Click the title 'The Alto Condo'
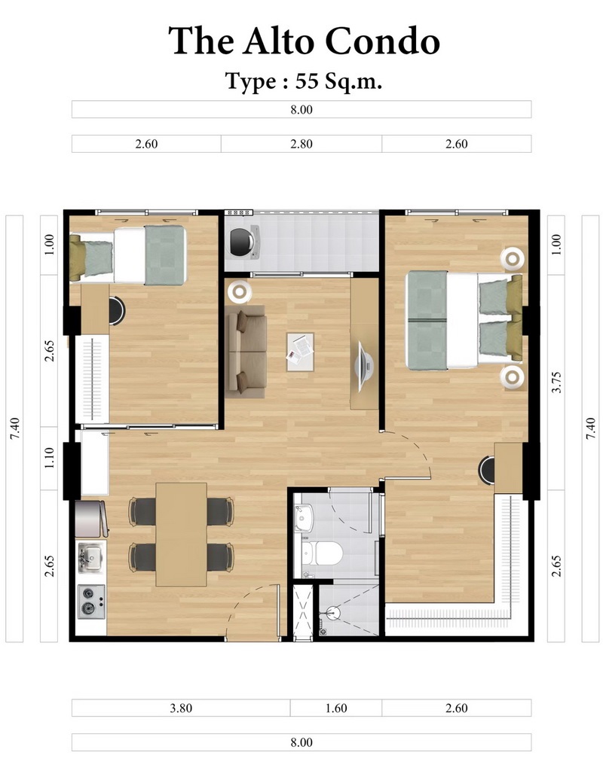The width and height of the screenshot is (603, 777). pyautogui.click(x=304, y=40)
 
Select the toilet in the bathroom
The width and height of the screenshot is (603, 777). pyautogui.click(x=322, y=553)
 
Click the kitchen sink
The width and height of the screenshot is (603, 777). pyautogui.click(x=90, y=557)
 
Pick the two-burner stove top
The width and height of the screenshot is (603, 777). pyautogui.click(x=91, y=602)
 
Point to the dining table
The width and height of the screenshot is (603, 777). pyautogui.click(x=181, y=535)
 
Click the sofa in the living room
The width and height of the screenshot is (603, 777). pyautogui.click(x=246, y=352)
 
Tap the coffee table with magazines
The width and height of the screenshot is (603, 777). pyautogui.click(x=300, y=352)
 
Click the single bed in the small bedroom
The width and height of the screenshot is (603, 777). pyautogui.click(x=128, y=254)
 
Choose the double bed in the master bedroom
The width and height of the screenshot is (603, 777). pyautogui.click(x=464, y=320)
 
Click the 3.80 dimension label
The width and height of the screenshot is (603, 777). pyautogui.click(x=181, y=708)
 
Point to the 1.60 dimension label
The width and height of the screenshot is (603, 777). pyautogui.click(x=336, y=708)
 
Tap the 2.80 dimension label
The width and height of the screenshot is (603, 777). pyautogui.click(x=301, y=144)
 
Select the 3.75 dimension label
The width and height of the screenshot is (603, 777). pyautogui.click(x=556, y=382)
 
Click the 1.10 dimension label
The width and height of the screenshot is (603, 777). pyautogui.click(x=49, y=458)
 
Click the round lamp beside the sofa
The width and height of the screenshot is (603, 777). pyautogui.click(x=240, y=292)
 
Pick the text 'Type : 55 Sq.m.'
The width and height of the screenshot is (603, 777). pyautogui.click(x=304, y=81)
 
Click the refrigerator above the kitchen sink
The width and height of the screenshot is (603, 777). pyautogui.click(x=91, y=519)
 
